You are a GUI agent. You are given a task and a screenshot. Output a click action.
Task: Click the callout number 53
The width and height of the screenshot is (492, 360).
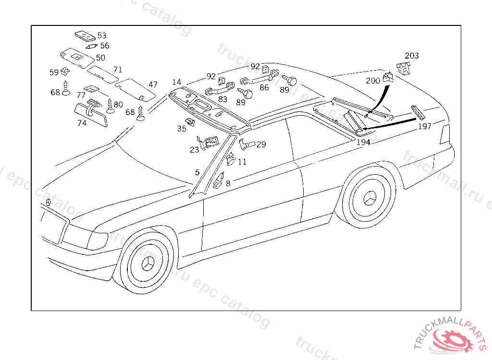(102, 36)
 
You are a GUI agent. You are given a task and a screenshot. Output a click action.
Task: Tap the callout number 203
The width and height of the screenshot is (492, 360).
(412, 56)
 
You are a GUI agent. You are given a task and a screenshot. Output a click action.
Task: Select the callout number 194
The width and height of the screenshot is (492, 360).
(363, 142)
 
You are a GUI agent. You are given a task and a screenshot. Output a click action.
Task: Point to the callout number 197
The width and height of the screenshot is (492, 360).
(424, 126)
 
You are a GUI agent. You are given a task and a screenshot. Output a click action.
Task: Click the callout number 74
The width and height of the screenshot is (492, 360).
(82, 123)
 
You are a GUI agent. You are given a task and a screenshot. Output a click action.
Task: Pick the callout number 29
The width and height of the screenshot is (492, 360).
(261, 144)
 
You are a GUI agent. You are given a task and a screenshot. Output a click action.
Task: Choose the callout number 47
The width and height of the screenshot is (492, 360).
(153, 84)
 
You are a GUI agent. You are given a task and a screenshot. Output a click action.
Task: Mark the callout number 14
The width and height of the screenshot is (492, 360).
(176, 83)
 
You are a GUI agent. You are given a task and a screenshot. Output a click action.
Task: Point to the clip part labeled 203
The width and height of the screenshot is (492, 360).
(403, 69)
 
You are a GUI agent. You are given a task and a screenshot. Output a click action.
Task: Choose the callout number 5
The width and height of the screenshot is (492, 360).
(197, 172)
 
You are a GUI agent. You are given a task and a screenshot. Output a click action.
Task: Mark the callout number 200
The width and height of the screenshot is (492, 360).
(373, 81)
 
